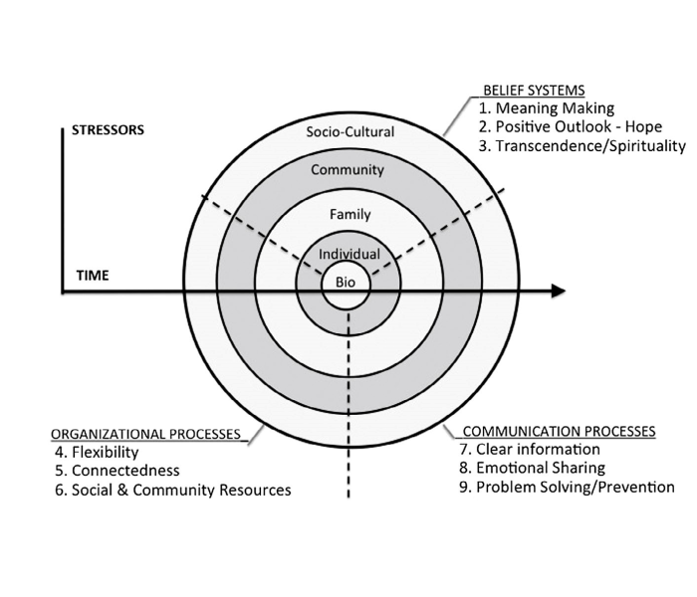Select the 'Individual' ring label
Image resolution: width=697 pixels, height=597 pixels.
click(x=348, y=255)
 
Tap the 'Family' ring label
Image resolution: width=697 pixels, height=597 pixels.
click(x=349, y=214)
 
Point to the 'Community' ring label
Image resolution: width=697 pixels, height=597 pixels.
click(x=347, y=170)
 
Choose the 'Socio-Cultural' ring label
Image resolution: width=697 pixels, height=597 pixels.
click(x=350, y=131)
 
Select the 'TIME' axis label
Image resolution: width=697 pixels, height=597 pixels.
click(x=93, y=275)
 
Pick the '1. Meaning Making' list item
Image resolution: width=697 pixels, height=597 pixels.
click(x=547, y=108)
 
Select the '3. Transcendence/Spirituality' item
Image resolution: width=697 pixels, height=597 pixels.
click(x=582, y=146)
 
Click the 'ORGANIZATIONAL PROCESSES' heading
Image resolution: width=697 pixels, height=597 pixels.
click(x=145, y=434)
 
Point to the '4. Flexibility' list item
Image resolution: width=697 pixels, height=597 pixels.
click(x=97, y=453)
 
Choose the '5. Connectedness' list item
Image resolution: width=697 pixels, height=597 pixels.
click(x=117, y=471)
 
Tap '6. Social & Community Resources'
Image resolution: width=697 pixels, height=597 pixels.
click(x=173, y=490)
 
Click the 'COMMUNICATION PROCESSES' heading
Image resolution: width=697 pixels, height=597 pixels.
click(x=560, y=432)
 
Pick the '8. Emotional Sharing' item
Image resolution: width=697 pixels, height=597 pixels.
click(x=540, y=468)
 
